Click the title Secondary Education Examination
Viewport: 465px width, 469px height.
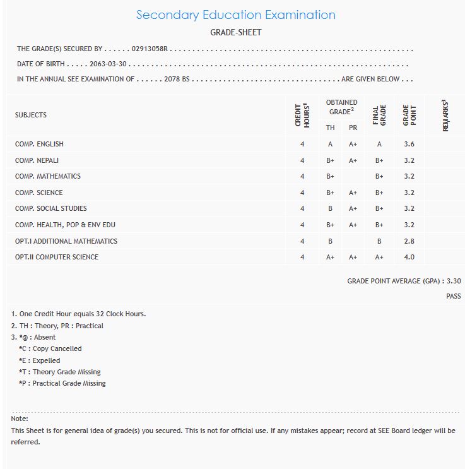tap(235, 15)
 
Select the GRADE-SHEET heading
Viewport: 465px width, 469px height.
tap(235, 32)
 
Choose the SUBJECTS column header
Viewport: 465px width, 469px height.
tap(31, 115)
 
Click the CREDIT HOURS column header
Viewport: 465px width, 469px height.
tap(303, 116)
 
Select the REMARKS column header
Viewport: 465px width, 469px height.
tap(445, 116)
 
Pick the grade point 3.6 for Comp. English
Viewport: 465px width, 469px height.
tap(409, 144)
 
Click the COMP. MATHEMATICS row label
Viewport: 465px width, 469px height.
tap(48, 176)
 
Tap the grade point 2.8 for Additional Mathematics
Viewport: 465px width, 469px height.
tap(409, 241)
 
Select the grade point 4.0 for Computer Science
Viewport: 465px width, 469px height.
tap(409, 257)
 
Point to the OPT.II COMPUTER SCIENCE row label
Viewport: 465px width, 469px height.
tap(57, 257)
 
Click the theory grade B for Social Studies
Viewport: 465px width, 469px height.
tap(330, 208)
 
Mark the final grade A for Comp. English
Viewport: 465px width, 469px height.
tap(379, 144)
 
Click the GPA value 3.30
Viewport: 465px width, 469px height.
tap(454, 281)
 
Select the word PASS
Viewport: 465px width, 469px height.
tap(453, 296)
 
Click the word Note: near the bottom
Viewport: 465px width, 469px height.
tap(20, 419)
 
